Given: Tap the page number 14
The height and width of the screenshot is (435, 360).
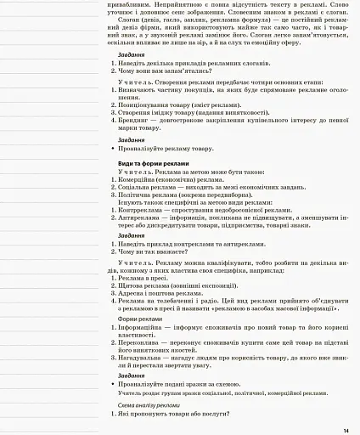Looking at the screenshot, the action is coord(346,429).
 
